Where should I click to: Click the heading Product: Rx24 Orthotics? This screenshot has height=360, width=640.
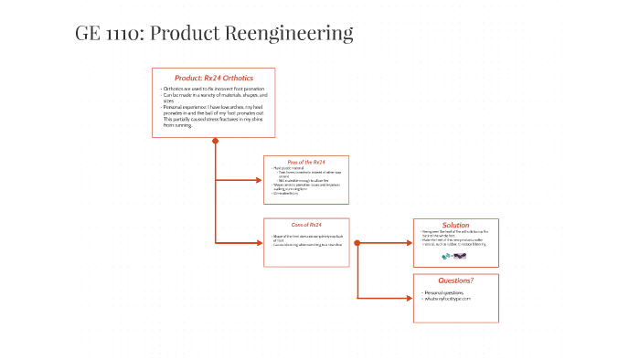[x=214, y=78]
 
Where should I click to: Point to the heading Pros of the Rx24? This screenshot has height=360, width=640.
[x=306, y=162]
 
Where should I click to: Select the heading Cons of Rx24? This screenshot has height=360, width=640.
[x=306, y=224]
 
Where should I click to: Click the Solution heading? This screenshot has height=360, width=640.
[x=455, y=225]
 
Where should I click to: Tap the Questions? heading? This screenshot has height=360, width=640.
[x=455, y=280]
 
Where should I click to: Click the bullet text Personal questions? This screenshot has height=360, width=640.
[x=445, y=292]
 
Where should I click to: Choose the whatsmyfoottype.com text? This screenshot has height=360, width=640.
[x=447, y=299]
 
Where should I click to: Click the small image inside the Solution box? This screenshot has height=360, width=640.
[x=454, y=256]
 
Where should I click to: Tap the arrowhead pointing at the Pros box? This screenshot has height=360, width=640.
[x=259, y=180]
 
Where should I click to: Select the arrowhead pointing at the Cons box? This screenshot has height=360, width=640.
[x=259, y=242]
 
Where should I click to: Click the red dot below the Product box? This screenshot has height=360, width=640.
[x=215, y=141]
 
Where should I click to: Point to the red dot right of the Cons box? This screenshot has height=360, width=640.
[x=357, y=242]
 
